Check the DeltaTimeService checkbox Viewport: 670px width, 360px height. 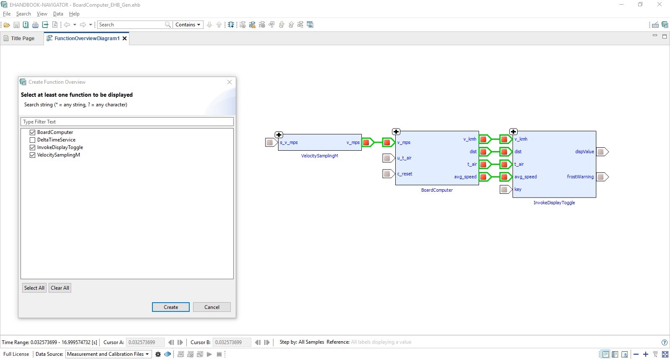pyautogui.click(x=32, y=140)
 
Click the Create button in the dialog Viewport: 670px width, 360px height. pyautogui.click(x=170, y=307)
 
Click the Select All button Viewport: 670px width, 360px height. pyautogui.click(x=34, y=288)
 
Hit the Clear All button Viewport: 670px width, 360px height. pyautogui.click(x=60, y=288)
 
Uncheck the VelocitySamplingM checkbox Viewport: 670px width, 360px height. pyautogui.click(x=32, y=155)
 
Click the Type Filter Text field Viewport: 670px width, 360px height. pyautogui.click(x=127, y=122)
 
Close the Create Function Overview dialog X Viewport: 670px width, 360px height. pyautogui.click(x=229, y=82)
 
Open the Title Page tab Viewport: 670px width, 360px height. pyautogui.click(x=22, y=39)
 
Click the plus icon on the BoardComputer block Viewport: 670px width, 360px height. pyautogui.click(x=396, y=132)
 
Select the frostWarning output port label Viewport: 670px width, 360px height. pyautogui.click(x=580, y=177)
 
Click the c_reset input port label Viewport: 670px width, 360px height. pyautogui.click(x=405, y=174)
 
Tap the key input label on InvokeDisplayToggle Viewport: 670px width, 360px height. pyautogui.click(x=518, y=189)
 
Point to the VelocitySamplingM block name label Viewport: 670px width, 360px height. pyautogui.click(x=320, y=156)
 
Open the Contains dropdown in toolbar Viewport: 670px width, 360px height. pyautogui.click(x=188, y=25)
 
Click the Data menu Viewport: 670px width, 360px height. pyautogui.click(x=58, y=14)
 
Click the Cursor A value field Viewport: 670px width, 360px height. pyautogui.click(x=145, y=342)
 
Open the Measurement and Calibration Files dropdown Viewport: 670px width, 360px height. pyautogui.click(x=108, y=354)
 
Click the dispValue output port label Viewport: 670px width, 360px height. pyautogui.click(x=584, y=152)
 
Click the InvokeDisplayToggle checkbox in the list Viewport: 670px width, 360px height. pyautogui.click(x=32, y=147)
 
